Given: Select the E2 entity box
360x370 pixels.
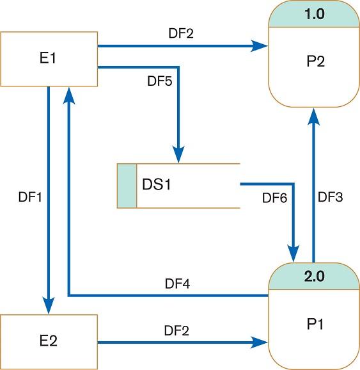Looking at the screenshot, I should (49, 340).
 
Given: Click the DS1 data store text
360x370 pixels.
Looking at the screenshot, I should (157, 186).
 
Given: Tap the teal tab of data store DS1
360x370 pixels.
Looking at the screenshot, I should (127, 186).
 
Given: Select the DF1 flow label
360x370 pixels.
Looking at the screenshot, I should (30, 198).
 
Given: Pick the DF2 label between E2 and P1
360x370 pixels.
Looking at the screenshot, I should (176, 331).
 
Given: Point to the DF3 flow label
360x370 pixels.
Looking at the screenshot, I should (331, 198).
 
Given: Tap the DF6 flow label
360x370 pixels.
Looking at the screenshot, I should (275, 198).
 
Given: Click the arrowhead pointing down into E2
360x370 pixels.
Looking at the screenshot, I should (49, 305).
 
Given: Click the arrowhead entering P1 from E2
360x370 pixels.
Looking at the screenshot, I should (260, 343).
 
